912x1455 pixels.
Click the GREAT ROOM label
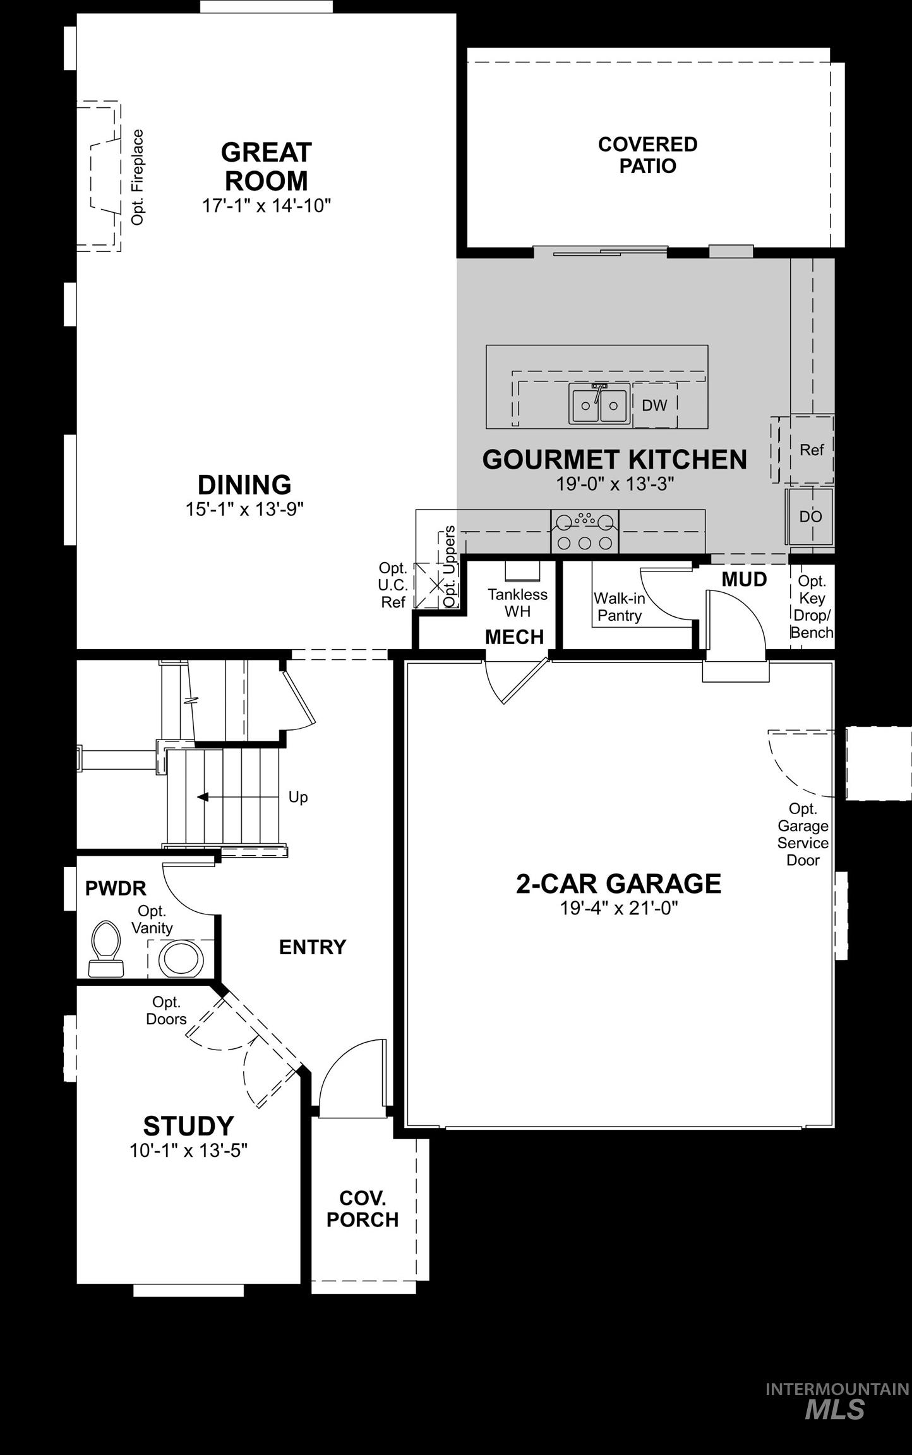266,167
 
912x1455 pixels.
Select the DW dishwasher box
654,405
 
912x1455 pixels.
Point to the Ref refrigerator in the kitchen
811,450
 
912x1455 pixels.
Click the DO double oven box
810,517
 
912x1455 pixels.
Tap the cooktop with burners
585,532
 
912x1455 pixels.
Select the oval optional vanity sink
181,959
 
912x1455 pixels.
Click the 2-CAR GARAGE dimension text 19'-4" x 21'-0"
618,908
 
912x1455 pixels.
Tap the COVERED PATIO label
647,155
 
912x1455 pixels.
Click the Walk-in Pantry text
619,607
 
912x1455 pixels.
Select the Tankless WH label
517,602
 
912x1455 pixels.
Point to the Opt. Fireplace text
138,177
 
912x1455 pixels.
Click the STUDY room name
188,1126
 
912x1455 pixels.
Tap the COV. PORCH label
363,1209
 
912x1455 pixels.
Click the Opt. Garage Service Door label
803,834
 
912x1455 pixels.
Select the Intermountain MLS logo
836,1401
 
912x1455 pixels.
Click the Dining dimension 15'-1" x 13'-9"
244,510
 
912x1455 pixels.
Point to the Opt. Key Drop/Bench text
812,607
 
